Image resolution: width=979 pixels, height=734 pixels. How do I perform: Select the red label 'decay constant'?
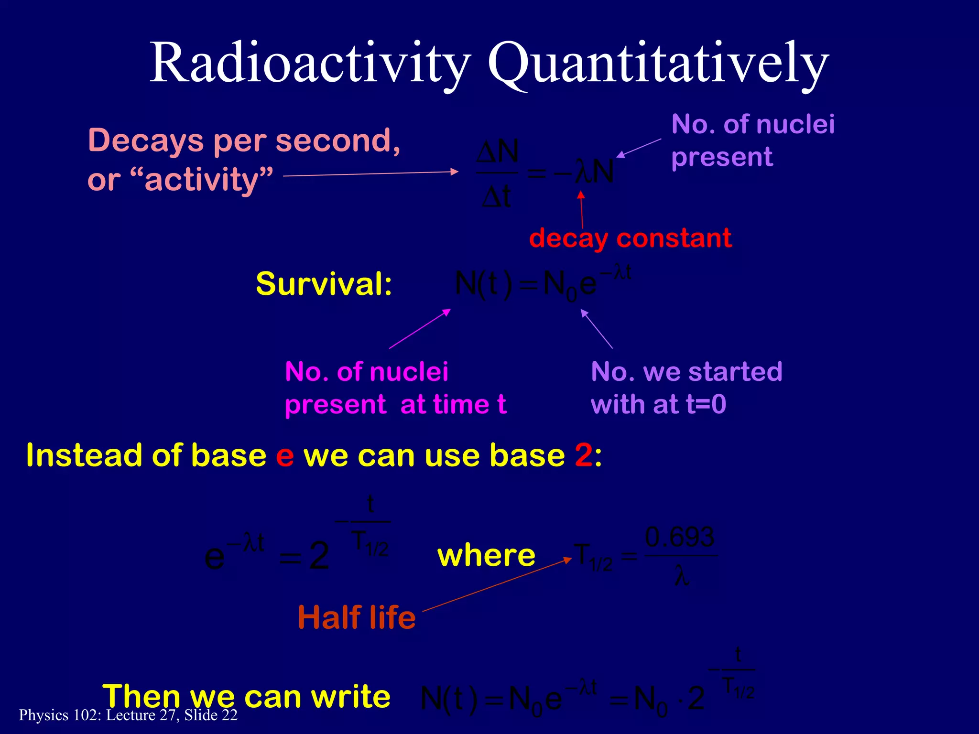point(630,238)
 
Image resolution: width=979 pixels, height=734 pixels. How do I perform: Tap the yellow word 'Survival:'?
point(324,284)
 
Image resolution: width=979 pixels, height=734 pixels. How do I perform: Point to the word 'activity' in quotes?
point(201,180)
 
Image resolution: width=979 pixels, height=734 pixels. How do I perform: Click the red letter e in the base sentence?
point(285,455)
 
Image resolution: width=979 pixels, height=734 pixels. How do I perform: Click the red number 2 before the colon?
point(584,455)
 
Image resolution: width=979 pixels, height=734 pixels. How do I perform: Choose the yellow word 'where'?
point(486,556)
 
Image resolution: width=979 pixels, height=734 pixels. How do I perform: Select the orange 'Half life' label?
point(357,617)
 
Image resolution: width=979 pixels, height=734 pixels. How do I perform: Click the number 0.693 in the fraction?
point(679,538)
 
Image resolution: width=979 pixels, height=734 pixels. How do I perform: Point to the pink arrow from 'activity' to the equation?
point(370,174)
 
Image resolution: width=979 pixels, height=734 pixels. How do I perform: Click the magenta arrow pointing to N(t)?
point(420,329)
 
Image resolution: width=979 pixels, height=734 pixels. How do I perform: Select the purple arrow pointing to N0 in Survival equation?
point(597,329)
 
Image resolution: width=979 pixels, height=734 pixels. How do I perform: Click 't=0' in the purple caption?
point(706,405)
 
